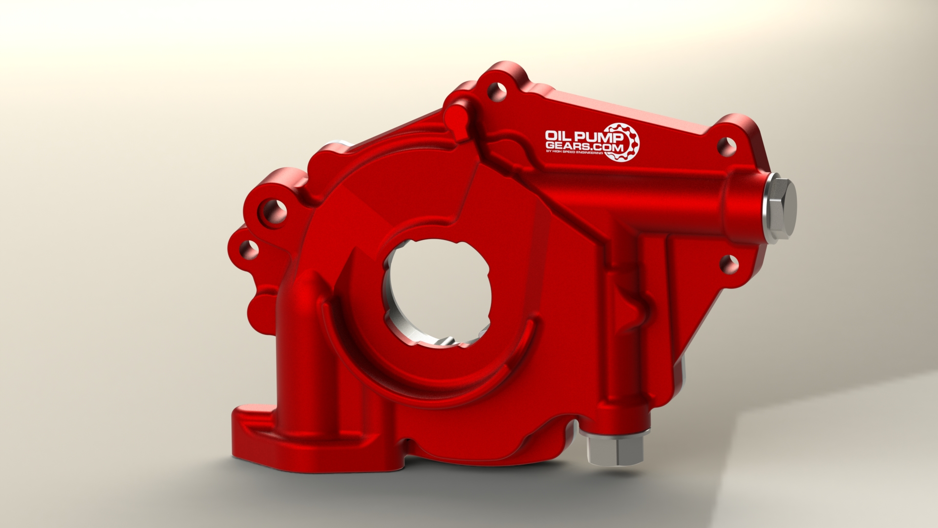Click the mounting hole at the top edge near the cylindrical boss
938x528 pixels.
pyautogui.click(x=496, y=91)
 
